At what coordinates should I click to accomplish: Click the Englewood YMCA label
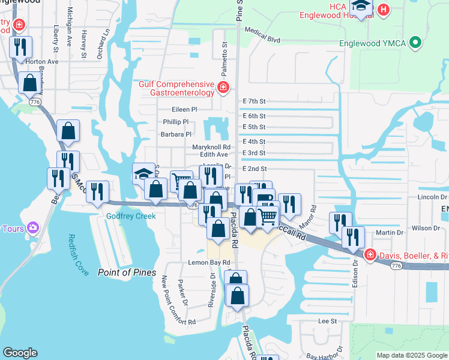(x=372, y=43)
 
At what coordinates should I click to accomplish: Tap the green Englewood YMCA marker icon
(x=414, y=43)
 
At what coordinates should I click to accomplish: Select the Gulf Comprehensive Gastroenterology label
(x=176, y=88)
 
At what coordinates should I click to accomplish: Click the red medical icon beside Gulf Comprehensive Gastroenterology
(x=223, y=88)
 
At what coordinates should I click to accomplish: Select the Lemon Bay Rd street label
(x=209, y=263)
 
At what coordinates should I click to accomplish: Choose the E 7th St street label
(x=254, y=102)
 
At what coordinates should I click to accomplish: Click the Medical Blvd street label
(x=263, y=39)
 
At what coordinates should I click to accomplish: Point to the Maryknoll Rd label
(x=211, y=147)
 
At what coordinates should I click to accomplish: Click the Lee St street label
(x=327, y=322)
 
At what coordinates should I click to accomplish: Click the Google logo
(x=20, y=353)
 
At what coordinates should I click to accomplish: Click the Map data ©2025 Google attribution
(x=412, y=355)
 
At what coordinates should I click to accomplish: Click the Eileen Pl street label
(x=184, y=110)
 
